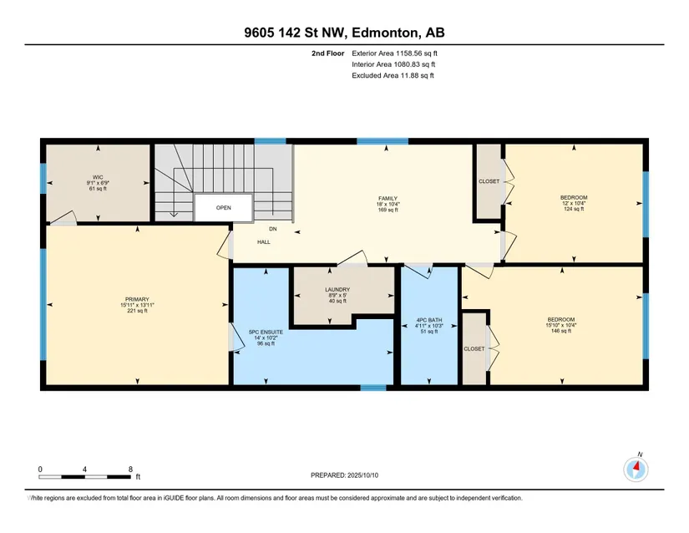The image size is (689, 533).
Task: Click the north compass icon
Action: click(636, 470)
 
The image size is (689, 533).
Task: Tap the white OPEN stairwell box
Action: click(223, 208)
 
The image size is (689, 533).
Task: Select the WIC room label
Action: click(98, 177)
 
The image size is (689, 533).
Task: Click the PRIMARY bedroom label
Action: click(137, 300)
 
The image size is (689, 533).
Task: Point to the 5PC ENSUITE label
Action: click(266, 332)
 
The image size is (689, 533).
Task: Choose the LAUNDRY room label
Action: click(337, 290)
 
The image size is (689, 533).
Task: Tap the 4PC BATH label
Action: click(429, 320)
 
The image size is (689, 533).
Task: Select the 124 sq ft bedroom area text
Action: click(574, 209)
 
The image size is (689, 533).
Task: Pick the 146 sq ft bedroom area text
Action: click(561, 331)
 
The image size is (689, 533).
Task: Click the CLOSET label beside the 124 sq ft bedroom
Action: click(489, 181)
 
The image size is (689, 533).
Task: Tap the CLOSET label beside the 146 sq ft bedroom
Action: click(474, 349)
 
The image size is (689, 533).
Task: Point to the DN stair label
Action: click(273, 229)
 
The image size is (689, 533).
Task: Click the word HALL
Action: click(264, 242)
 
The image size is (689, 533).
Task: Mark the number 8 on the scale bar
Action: click(130, 470)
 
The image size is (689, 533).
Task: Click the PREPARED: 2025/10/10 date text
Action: click(344, 475)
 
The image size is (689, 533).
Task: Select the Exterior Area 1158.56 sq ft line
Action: click(394, 53)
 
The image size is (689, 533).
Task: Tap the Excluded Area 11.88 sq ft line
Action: click(393, 75)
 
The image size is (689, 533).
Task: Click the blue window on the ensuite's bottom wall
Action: click(373, 388)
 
